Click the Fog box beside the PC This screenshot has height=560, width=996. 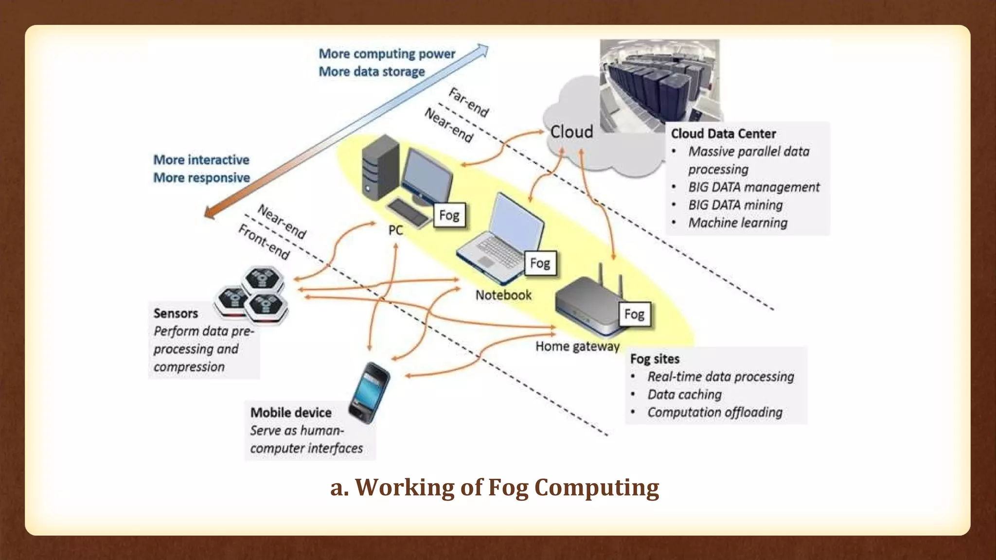tap(449, 215)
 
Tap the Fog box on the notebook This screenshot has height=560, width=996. tap(540, 263)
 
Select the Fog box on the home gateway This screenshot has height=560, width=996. tap(634, 314)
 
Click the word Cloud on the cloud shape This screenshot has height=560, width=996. tap(571, 132)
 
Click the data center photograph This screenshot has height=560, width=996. tap(659, 83)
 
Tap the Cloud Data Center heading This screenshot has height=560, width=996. tap(723, 134)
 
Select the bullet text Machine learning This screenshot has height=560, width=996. tap(738, 223)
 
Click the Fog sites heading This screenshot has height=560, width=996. tap(655, 359)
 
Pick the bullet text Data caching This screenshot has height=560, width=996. tap(684, 394)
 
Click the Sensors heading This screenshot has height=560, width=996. tap(176, 314)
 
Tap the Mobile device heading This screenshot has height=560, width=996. tap(291, 413)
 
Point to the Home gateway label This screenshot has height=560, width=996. tap(577, 347)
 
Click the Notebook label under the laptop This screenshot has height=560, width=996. tap(503, 295)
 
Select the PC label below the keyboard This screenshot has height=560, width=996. tap(395, 230)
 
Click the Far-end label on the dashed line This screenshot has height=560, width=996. tap(468, 103)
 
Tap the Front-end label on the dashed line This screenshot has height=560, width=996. tap(264, 242)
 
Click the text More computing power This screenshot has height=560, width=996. tap(387, 53)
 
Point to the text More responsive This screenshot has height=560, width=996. tap(201, 178)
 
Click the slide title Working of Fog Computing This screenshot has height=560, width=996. tap(495, 487)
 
